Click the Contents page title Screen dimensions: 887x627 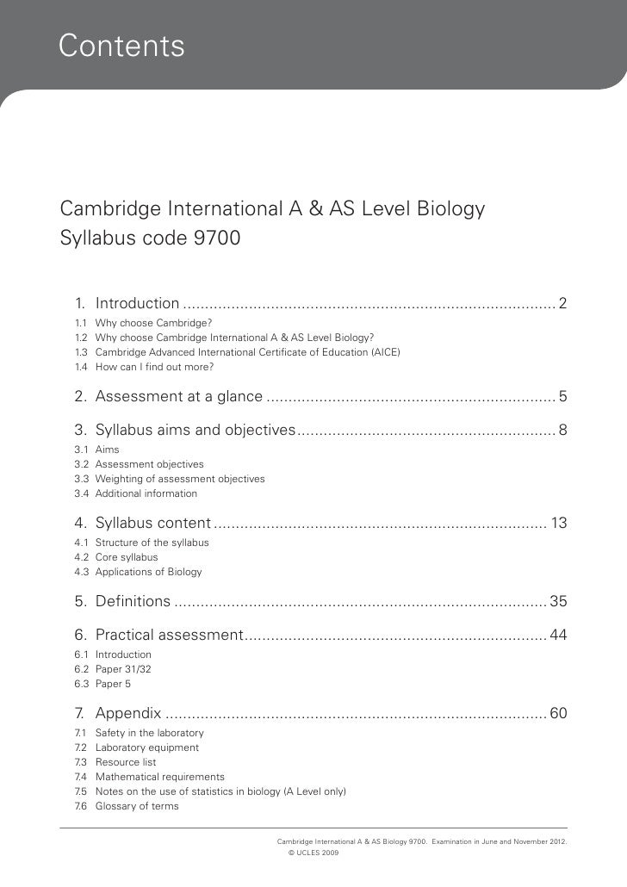point(121,46)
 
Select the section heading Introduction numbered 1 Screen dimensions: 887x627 point(137,303)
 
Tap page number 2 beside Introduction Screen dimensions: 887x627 point(562,303)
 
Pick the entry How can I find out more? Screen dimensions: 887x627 point(154,367)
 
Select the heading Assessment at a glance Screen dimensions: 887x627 point(178,397)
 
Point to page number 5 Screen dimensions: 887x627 point(562,397)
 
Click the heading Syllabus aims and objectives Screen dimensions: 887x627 point(196,430)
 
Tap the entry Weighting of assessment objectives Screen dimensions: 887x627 point(180,479)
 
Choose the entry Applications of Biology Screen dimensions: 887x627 point(148,572)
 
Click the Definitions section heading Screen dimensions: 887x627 point(133,602)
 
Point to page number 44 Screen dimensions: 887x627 point(558,636)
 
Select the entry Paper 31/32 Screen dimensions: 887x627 point(123,669)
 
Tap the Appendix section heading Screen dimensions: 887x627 point(128,713)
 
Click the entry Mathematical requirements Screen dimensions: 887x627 point(159,777)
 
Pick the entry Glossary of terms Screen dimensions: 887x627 point(137,806)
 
